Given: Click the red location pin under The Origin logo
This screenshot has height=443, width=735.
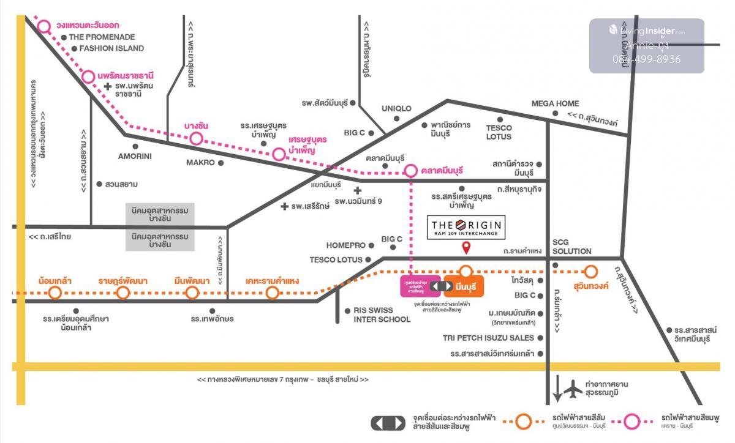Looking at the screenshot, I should (466, 248).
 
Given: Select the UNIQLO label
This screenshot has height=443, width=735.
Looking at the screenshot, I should (396, 108).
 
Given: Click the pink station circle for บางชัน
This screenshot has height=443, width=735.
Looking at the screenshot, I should (196, 138).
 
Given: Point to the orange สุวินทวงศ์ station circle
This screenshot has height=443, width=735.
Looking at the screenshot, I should (590, 271).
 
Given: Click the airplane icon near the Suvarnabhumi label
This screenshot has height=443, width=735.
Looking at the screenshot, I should (573, 388).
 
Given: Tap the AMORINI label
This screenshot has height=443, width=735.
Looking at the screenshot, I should (135, 156).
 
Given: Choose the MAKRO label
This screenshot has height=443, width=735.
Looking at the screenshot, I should (200, 163).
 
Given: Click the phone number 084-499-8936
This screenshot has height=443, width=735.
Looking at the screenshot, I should (646, 59).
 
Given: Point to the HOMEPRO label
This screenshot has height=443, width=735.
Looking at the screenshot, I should (346, 245).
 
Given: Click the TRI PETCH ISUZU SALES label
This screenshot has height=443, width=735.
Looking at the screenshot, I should (484, 338).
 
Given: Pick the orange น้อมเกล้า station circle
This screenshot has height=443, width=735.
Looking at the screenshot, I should (55, 292).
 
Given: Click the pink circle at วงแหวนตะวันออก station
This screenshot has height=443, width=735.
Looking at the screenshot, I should (44, 26).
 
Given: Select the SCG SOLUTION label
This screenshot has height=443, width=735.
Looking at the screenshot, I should (571, 247).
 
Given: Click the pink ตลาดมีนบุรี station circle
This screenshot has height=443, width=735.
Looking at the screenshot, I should (410, 171).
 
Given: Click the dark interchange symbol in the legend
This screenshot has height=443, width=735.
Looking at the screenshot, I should (388, 422).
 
